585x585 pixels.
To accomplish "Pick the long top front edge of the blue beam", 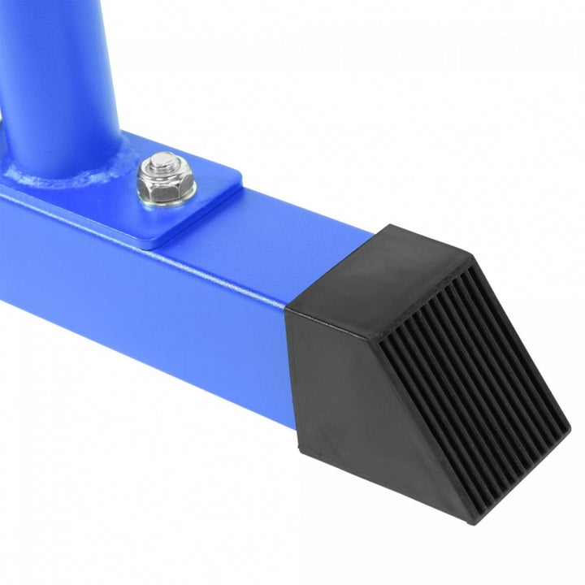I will pyautogui.click(x=162, y=252).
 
